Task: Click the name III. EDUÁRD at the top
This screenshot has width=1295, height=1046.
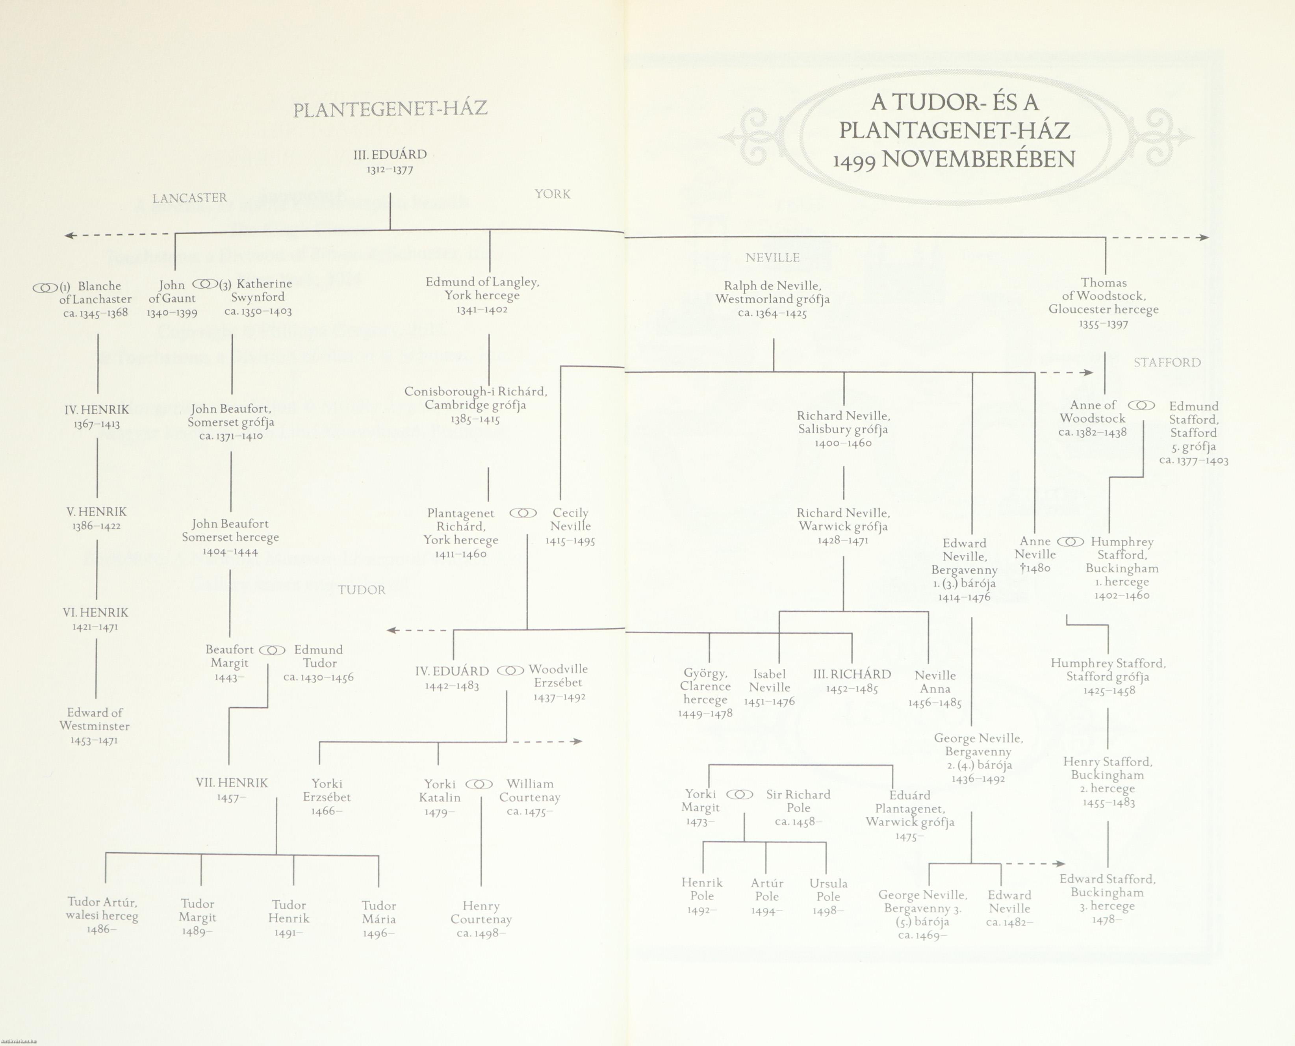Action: tap(390, 154)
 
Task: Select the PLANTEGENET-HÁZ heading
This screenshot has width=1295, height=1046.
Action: tap(390, 109)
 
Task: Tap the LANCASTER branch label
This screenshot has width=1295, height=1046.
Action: tap(189, 198)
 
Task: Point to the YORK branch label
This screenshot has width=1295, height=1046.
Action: tap(552, 194)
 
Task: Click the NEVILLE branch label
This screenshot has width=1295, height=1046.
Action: tap(772, 258)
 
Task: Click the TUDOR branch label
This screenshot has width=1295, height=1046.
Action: tap(362, 590)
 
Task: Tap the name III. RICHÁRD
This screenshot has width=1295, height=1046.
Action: tap(852, 674)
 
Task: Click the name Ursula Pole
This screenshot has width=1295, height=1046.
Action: tap(828, 890)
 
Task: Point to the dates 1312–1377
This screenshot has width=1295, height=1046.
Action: tap(390, 170)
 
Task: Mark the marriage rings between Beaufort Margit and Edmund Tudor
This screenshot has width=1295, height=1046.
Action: tap(273, 650)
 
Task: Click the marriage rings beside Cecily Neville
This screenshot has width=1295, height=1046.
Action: tap(523, 514)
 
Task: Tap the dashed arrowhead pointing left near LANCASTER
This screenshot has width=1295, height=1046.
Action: tap(69, 235)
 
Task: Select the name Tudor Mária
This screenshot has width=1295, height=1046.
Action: tap(379, 912)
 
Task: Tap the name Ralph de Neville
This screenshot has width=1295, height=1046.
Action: tap(772, 286)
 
